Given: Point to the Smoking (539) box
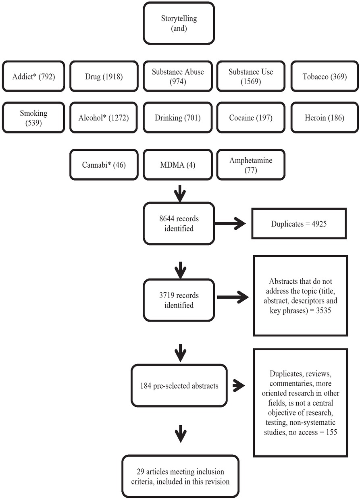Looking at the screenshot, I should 33,118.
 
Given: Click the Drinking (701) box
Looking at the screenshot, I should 178,118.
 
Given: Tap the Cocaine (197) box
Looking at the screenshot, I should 250,118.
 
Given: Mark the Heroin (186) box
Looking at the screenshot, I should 325,118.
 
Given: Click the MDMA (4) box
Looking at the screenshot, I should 178,164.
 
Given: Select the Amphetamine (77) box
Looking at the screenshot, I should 250,164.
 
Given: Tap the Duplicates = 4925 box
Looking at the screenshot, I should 299,223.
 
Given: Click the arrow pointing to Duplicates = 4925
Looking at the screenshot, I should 233,223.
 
